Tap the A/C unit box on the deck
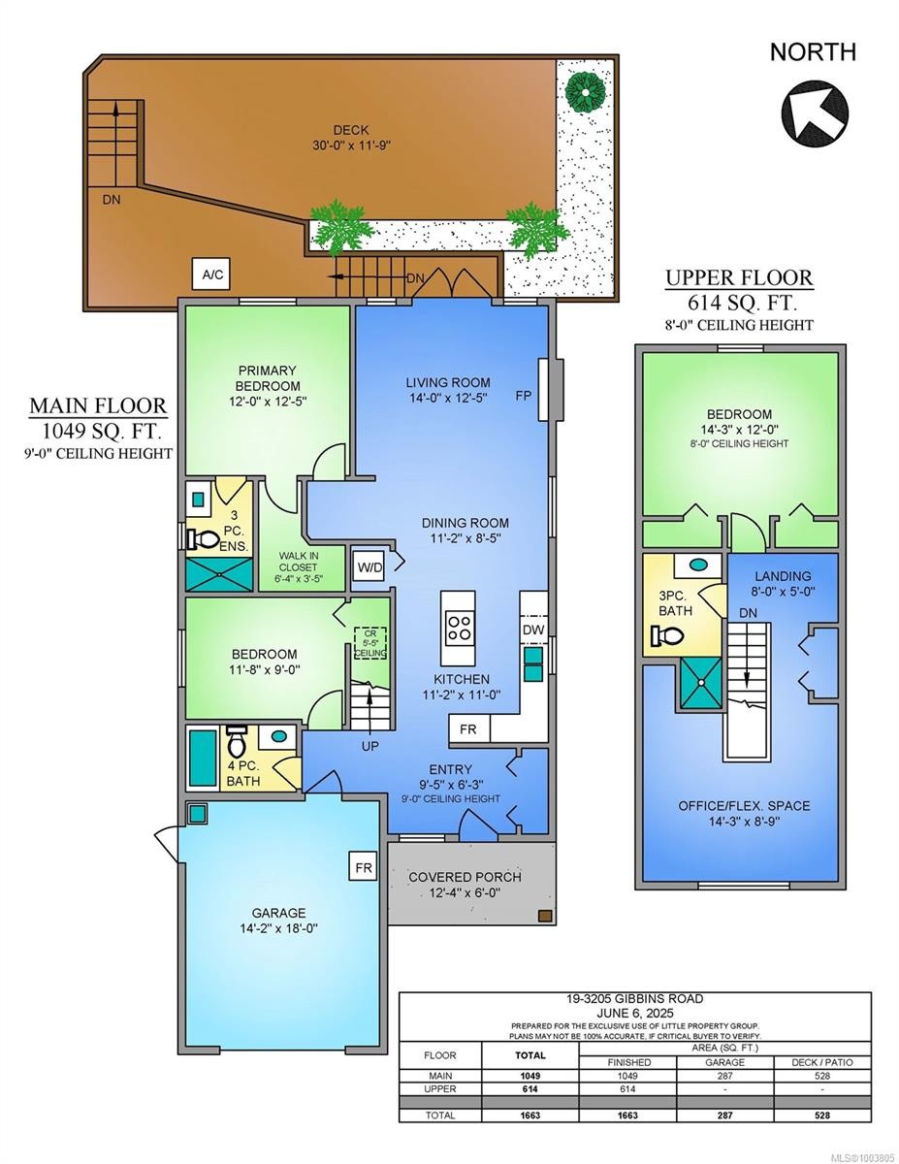coord(212,275)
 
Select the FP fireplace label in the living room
coord(524,397)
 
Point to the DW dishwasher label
coord(532,630)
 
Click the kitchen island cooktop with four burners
coord(458,628)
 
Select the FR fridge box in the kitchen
coord(468,728)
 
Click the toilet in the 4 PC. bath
coord(236,743)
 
